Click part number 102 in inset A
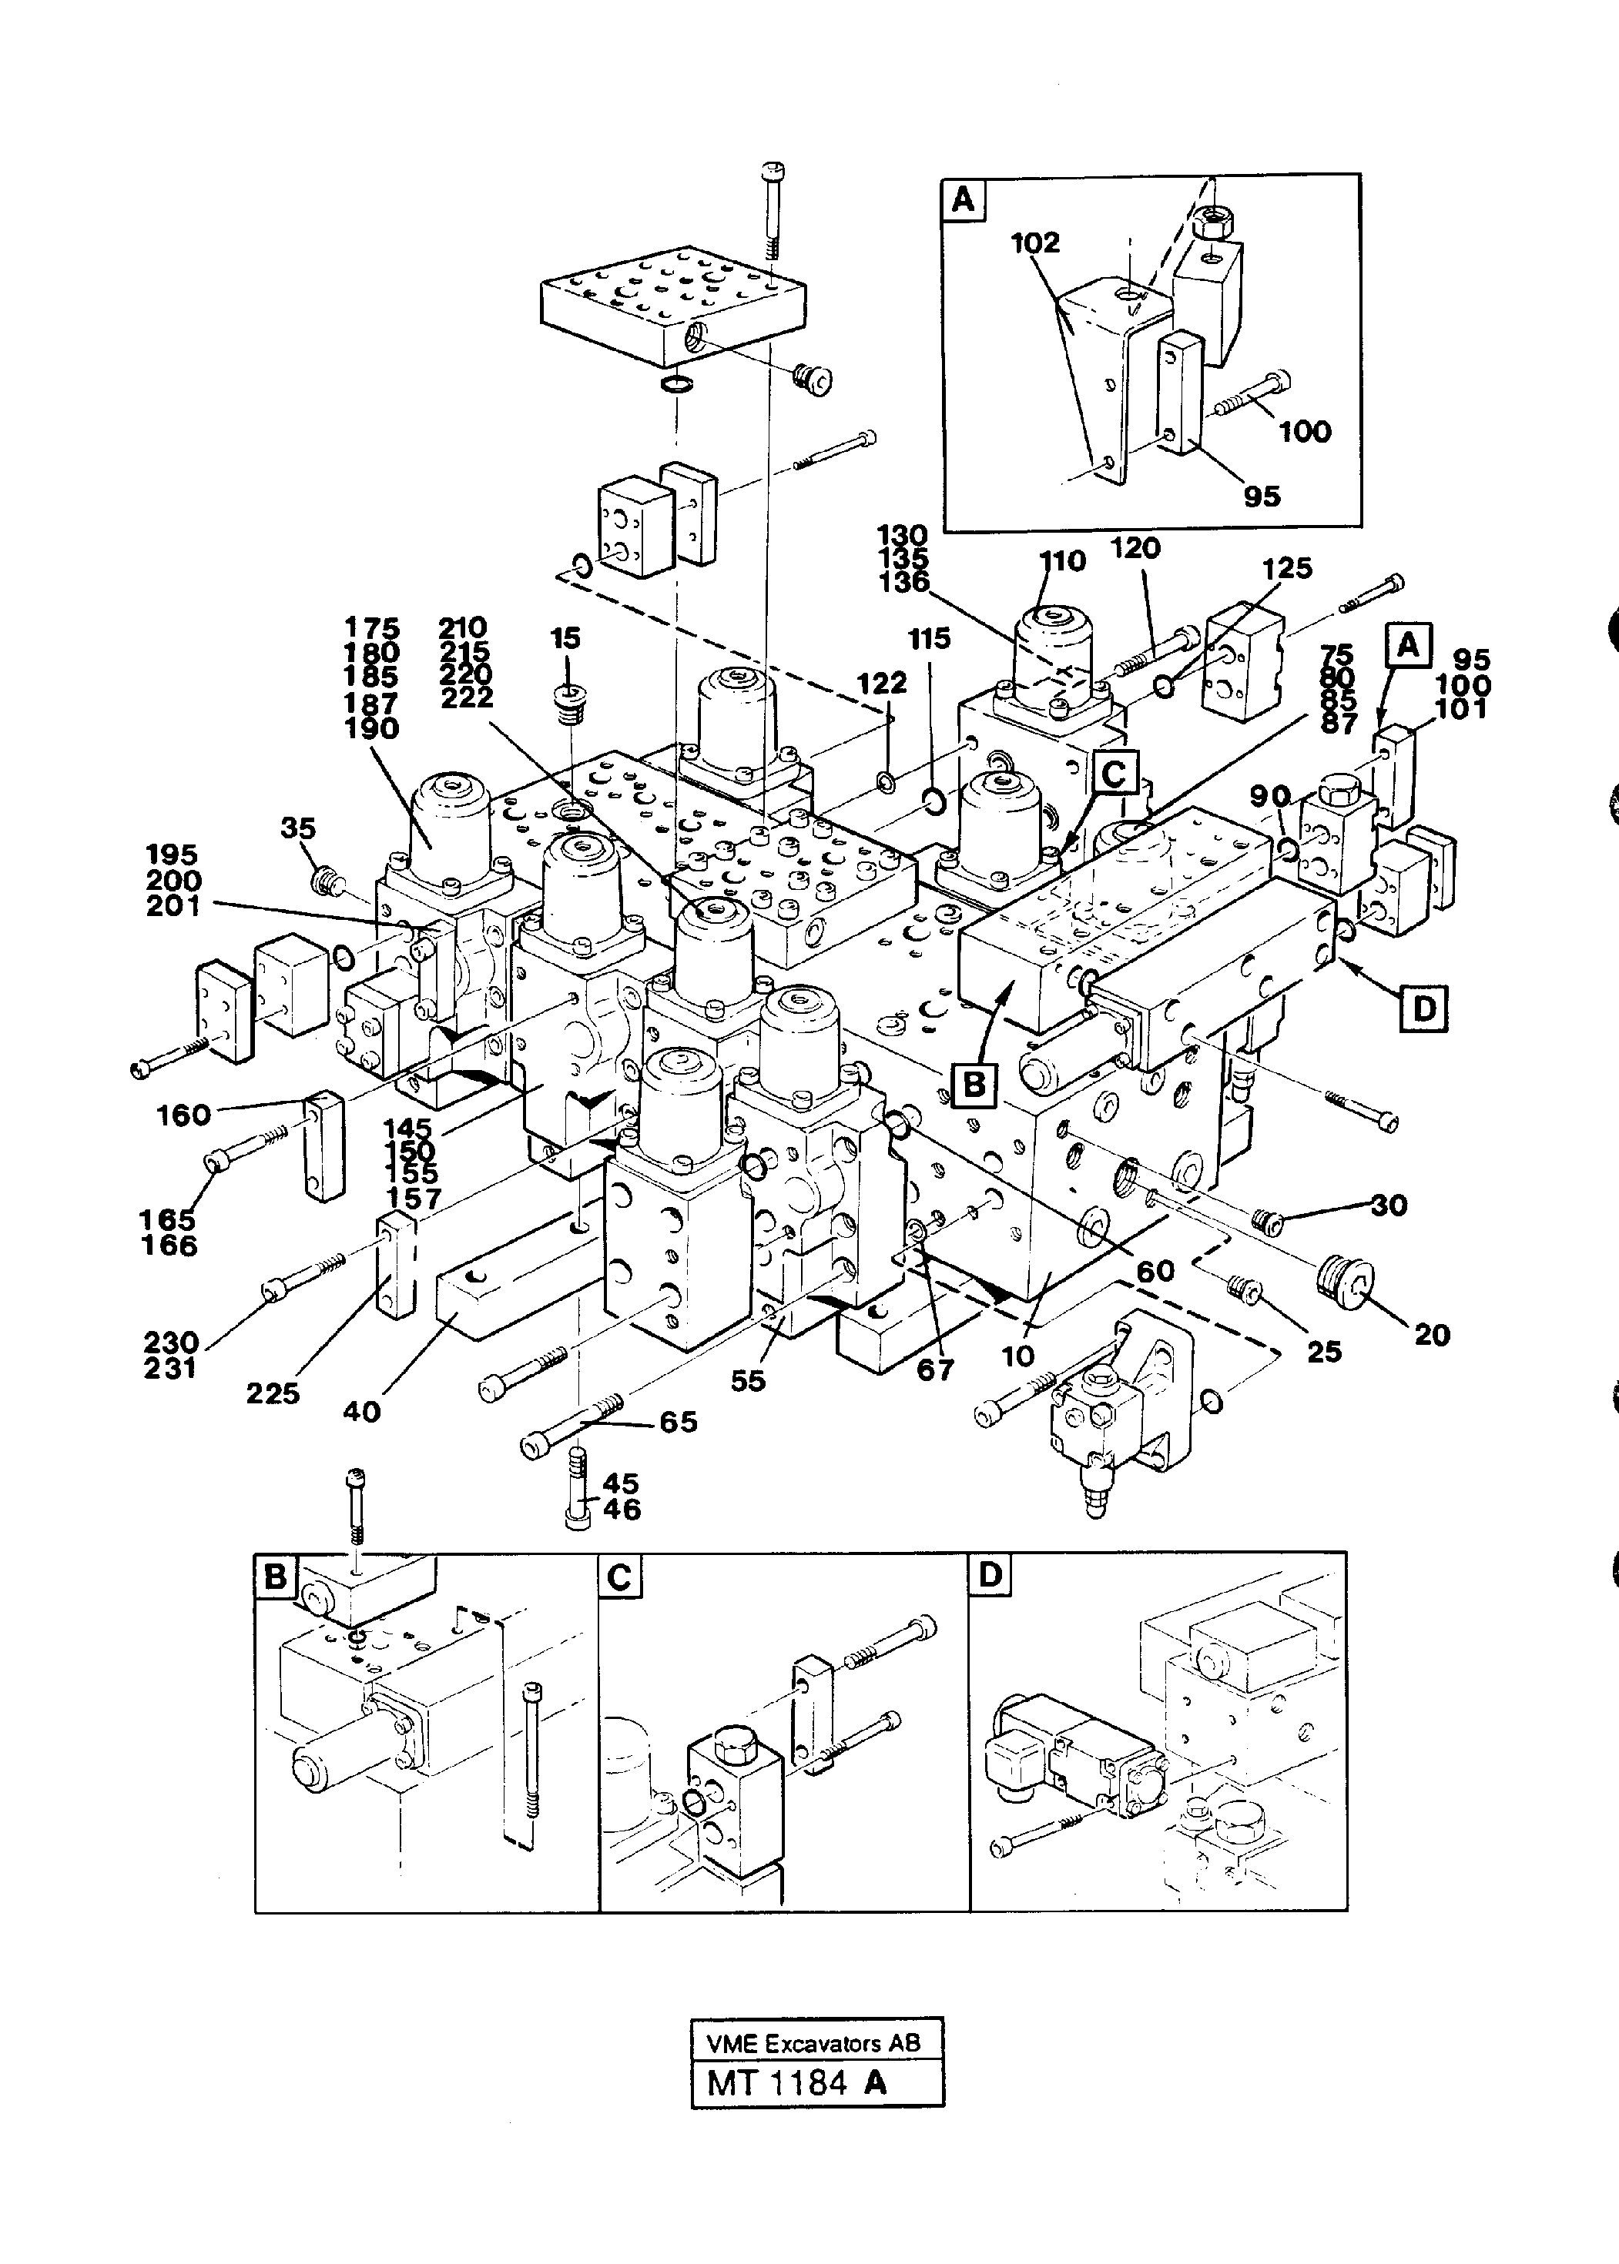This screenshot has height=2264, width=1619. pos(1035,242)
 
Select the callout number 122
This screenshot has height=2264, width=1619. pos(881,683)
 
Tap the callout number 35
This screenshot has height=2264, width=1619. pos(298,828)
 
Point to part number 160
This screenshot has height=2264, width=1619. pos(183,1115)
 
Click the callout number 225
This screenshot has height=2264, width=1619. pos(273,1393)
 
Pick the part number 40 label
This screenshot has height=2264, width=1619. pos(362,1411)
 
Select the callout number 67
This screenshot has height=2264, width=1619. pos(935,1370)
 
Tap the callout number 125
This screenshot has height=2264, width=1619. pos(1287,568)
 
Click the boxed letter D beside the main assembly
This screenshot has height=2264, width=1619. pos(1423,1008)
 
